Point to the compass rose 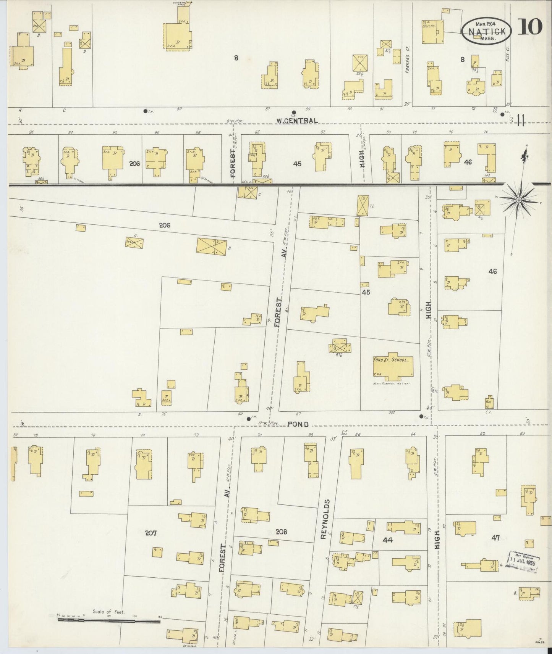(x=519, y=200)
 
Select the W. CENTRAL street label (x=297, y=121)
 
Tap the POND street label (x=298, y=424)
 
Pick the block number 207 (x=151, y=533)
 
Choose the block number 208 (x=281, y=532)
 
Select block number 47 (x=495, y=538)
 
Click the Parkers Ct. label (x=408, y=64)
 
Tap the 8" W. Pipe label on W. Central (x=235, y=121)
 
